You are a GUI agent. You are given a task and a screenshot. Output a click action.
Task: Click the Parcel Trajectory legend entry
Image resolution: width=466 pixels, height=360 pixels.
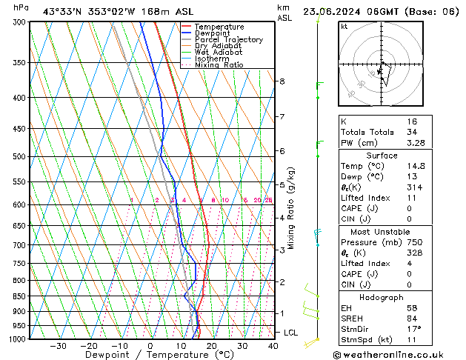point(228,39)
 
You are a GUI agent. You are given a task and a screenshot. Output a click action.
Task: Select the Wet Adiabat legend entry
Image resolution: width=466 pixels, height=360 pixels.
point(219,52)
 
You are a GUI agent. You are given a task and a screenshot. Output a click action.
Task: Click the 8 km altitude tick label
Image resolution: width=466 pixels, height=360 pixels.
point(282,81)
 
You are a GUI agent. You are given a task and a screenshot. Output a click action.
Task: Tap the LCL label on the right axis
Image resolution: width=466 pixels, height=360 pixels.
point(291,333)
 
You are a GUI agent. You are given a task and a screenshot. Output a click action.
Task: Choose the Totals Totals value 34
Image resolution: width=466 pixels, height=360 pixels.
point(412,132)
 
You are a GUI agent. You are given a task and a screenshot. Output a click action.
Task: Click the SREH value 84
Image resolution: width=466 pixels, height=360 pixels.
point(412,318)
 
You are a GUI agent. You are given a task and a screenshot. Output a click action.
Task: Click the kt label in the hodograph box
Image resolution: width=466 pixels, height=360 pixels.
point(344,26)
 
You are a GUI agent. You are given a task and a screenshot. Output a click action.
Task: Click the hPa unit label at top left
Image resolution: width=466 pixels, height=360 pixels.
point(21,7)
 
